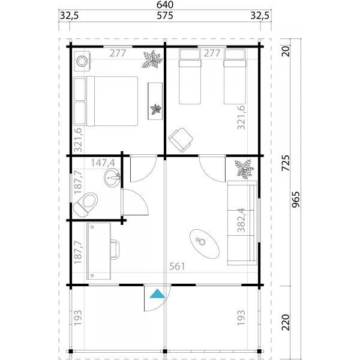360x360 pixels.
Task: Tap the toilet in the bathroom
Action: click(x=85, y=202)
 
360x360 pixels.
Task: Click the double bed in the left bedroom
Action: click(x=106, y=100)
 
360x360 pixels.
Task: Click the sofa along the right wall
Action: click(x=242, y=223)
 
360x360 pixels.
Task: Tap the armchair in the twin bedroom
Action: click(x=180, y=139)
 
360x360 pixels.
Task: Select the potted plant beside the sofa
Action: click(x=243, y=169)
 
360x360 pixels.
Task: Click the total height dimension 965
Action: click(x=295, y=198)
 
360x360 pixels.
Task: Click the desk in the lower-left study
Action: click(x=99, y=251)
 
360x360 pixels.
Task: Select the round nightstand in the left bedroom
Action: click(x=82, y=61)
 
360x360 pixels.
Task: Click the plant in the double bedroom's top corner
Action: click(x=152, y=59)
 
